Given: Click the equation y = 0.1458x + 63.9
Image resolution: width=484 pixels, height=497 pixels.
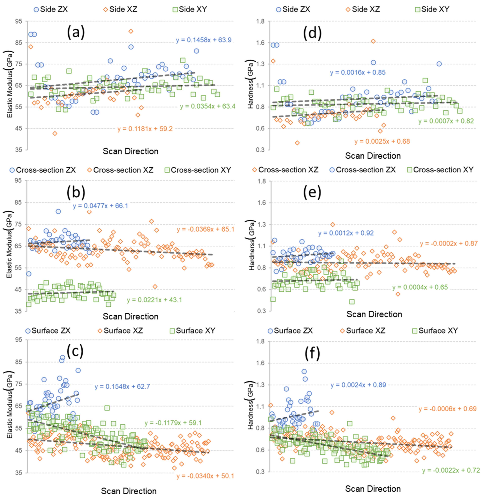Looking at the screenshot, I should [204, 40].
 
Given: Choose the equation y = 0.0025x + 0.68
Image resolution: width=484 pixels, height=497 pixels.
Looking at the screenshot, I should [382, 141].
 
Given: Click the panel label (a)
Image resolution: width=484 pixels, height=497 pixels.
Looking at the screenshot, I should [76, 33].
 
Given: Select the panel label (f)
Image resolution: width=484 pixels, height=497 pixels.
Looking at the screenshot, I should [312, 352].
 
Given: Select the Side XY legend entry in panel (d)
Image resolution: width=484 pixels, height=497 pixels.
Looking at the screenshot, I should [432, 9].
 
